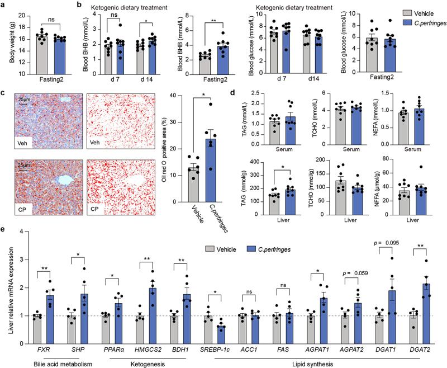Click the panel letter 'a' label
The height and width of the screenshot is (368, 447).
click(x=4, y=4)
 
